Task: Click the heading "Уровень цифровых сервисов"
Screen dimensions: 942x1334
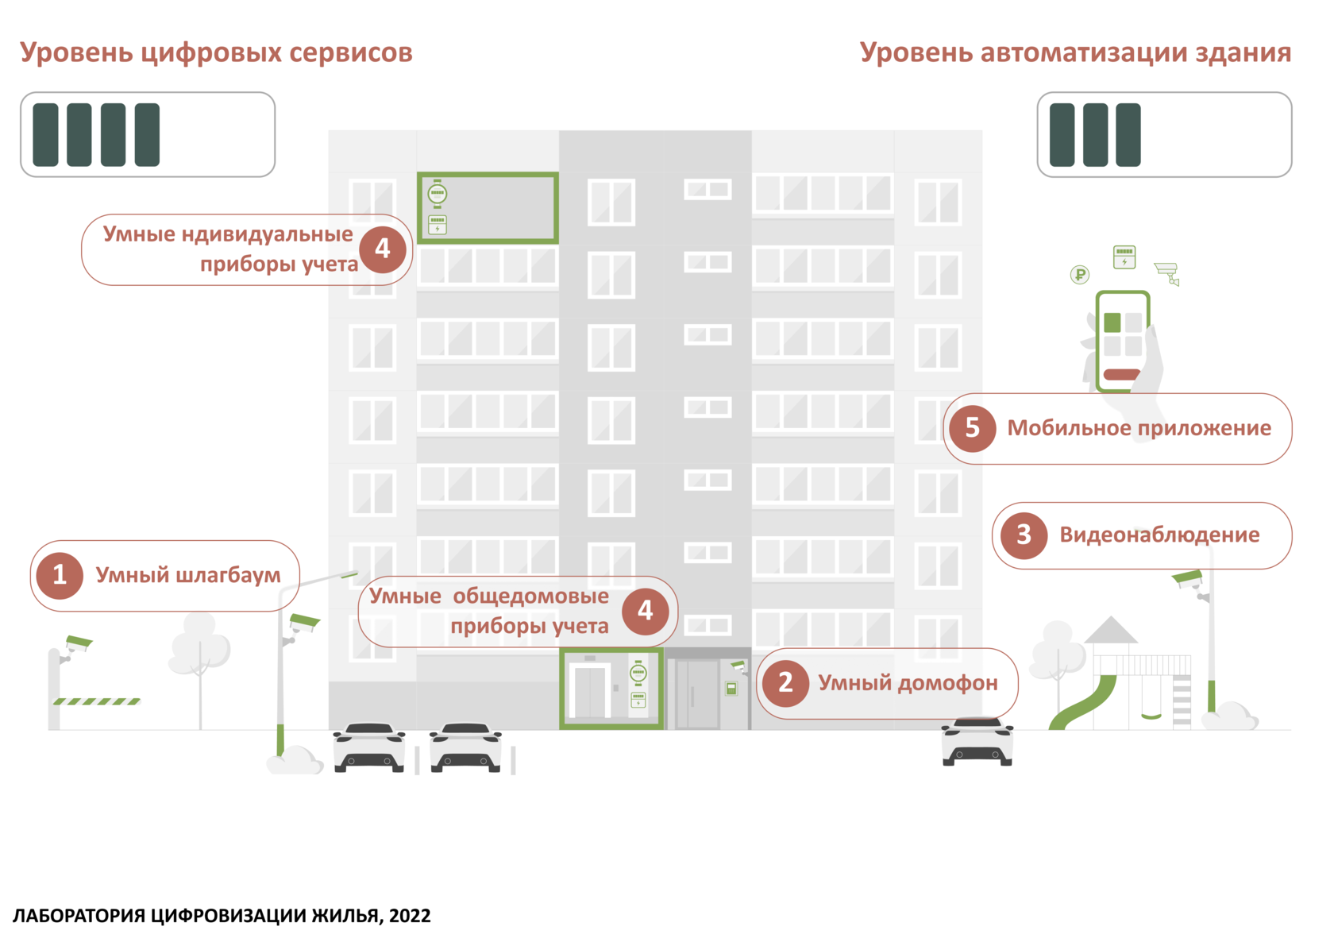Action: click(216, 52)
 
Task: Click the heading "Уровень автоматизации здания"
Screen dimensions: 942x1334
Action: click(1075, 52)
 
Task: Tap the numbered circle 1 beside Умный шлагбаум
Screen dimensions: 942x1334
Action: click(59, 575)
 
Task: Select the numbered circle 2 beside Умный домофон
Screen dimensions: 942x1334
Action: click(785, 683)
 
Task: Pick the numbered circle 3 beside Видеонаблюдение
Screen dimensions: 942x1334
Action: click(1024, 535)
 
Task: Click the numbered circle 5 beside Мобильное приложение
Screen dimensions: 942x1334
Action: click(972, 429)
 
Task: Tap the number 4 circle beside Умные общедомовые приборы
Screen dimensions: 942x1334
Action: click(645, 611)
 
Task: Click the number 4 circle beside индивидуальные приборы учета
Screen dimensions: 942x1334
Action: click(383, 249)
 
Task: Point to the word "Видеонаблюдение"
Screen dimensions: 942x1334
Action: click(1159, 535)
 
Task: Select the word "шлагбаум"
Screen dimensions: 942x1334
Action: click(227, 576)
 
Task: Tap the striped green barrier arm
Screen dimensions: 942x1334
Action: click(97, 701)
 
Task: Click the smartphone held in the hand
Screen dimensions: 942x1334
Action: click(1123, 342)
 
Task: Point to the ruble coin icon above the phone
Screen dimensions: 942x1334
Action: click(1079, 276)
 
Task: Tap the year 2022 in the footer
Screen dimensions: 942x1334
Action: click(410, 916)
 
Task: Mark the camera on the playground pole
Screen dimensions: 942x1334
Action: click(1189, 578)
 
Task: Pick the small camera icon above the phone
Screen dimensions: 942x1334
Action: click(1166, 272)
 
